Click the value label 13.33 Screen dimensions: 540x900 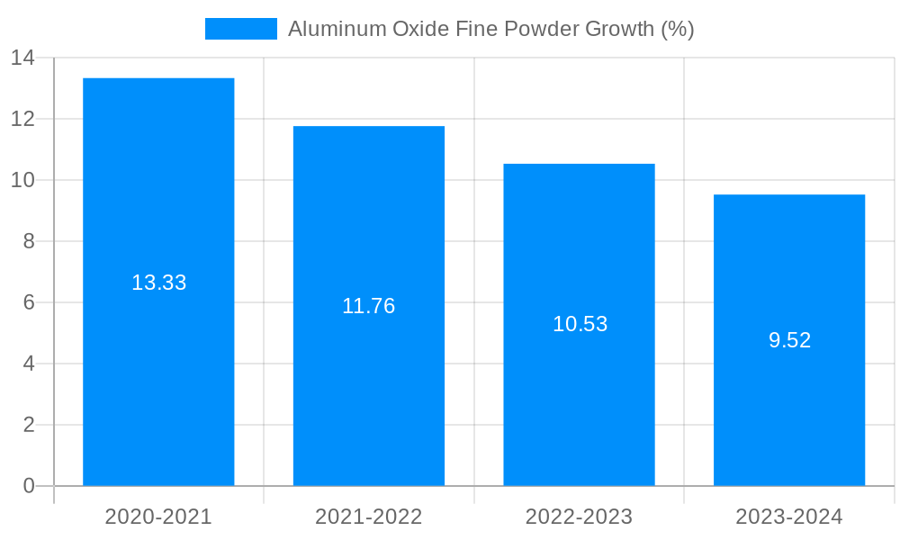tap(158, 283)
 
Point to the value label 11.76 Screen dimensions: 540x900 tap(369, 306)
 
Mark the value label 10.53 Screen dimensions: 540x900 tap(580, 324)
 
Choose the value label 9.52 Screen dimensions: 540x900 tap(789, 340)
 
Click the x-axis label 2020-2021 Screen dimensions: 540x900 tap(158, 517)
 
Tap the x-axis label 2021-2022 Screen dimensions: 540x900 tap(369, 517)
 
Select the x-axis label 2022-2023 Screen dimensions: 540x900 tap(579, 517)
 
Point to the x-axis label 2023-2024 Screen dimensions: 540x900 tap(789, 517)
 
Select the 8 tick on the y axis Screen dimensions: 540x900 tap(29, 241)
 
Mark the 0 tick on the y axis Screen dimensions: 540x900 tap(29, 486)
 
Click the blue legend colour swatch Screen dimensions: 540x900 tap(240, 29)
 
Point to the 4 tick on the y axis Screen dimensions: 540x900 tap(29, 364)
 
